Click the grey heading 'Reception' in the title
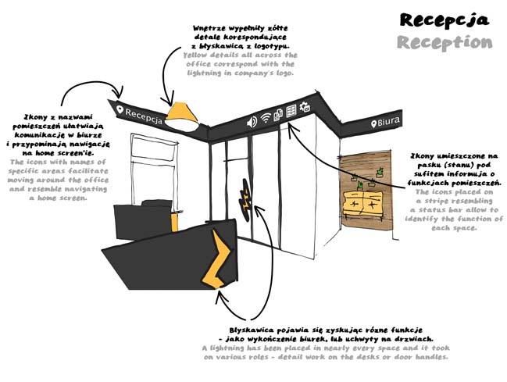[444, 42]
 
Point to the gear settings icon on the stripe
[305, 108]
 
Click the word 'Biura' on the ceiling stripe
[389, 123]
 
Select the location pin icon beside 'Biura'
[373, 124]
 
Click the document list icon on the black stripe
[291, 112]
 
